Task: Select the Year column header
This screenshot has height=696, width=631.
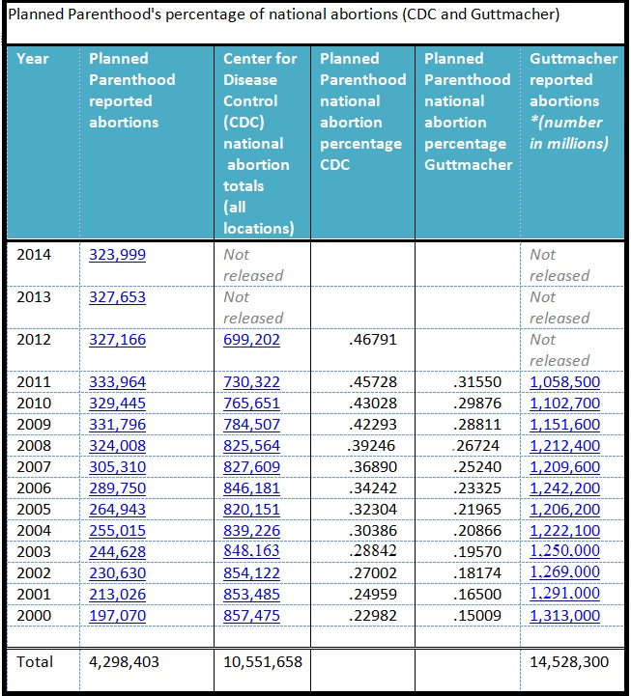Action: [33, 59]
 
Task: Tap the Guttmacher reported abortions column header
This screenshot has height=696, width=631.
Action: [573, 100]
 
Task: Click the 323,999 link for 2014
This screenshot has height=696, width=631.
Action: [117, 255]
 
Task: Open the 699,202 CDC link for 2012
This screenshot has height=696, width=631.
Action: [251, 340]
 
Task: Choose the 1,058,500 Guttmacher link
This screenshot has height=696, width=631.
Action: [564, 382]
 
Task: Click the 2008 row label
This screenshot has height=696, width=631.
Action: [34, 446]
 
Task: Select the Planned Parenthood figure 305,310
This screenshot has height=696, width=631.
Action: [117, 467]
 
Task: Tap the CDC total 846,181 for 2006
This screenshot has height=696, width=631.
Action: [251, 488]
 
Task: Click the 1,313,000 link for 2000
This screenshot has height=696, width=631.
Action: [564, 616]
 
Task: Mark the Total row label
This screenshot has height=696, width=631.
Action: [36, 662]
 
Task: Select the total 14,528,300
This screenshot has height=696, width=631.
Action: [570, 662]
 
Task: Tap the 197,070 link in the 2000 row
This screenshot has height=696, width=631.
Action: [117, 616]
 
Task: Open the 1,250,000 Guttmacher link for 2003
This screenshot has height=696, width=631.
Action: [564, 552]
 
